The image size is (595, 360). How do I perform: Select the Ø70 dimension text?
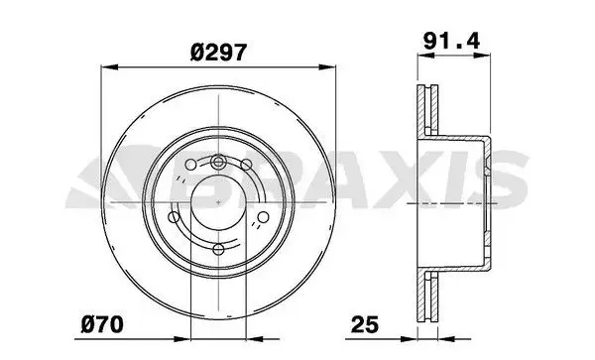tap(102, 323)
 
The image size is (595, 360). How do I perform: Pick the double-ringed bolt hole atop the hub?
tap(218, 162)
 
